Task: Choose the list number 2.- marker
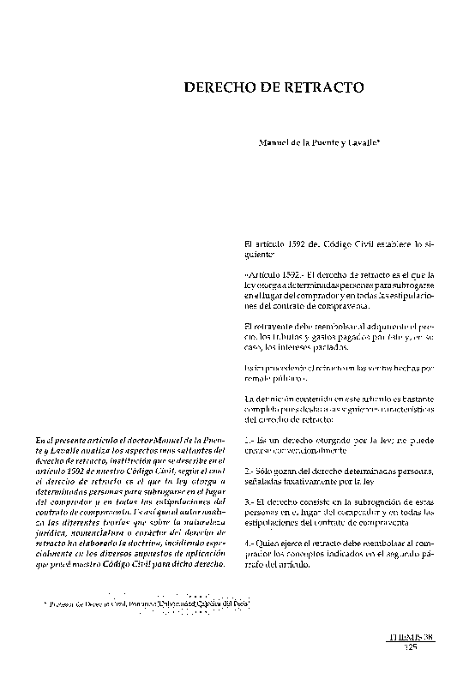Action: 250,472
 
